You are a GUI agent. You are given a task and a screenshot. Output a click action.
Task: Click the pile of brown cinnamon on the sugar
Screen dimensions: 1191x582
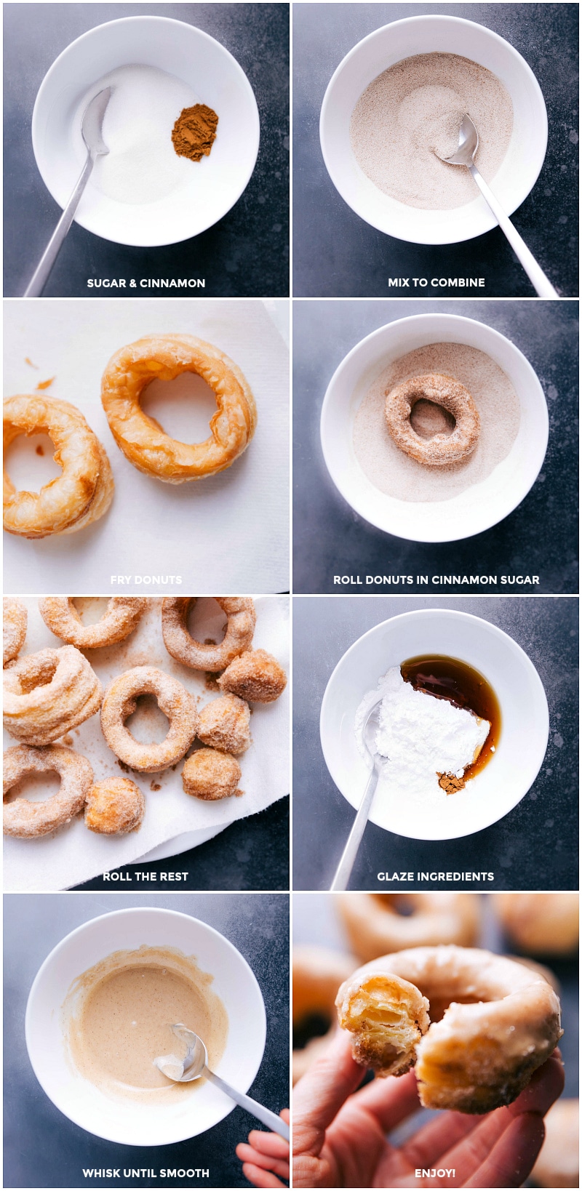tap(195, 132)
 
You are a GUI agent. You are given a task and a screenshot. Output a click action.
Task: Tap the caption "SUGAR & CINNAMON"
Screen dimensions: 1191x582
tap(145, 283)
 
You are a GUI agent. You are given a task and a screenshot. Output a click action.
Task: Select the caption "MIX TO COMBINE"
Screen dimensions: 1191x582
tap(436, 282)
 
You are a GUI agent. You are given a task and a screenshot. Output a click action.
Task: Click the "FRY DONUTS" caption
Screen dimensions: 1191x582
tap(145, 580)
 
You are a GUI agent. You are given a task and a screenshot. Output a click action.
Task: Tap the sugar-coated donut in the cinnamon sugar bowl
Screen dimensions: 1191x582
tap(432, 419)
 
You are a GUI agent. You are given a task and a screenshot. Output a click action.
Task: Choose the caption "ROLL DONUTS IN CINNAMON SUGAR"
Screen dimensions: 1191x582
tap(436, 580)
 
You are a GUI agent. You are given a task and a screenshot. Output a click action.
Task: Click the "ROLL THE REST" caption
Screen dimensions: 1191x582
tap(145, 876)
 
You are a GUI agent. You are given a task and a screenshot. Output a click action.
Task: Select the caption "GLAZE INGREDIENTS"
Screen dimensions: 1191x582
tap(435, 876)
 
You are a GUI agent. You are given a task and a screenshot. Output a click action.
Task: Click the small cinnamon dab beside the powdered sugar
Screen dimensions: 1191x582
tap(451, 783)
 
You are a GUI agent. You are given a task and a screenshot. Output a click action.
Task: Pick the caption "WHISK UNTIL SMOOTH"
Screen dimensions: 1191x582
tap(145, 1173)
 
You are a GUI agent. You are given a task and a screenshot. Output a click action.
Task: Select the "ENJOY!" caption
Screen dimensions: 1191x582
tap(435, 1173)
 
